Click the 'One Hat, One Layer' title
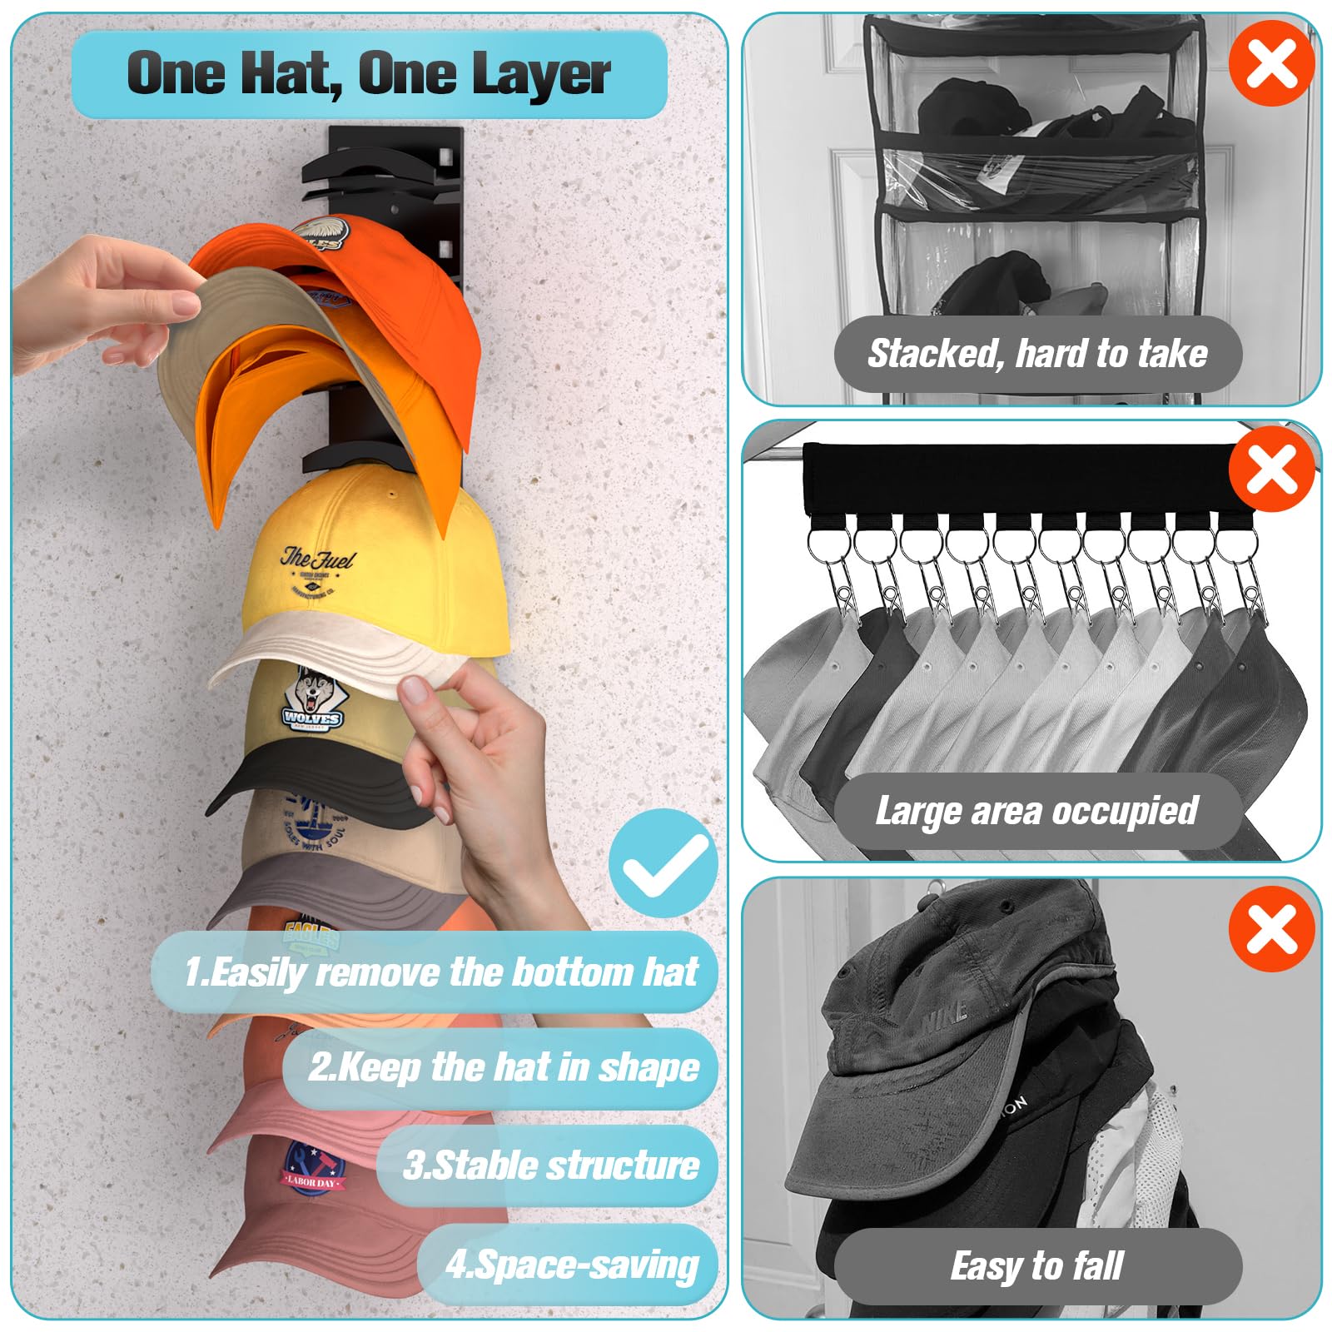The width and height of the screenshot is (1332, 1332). click(369, 73)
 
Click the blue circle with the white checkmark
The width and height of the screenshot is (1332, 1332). click(663, 862)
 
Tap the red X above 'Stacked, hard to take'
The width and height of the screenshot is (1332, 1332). click(1271, 63)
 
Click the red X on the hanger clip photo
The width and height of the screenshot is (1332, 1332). click(1271, 469)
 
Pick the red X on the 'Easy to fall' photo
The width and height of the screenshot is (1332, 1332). click(1271, 928)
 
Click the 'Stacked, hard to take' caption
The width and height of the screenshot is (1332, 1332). click(1037, 354)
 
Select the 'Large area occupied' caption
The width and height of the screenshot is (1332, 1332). click(1036, 811)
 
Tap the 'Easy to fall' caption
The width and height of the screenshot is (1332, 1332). click(1037, 1266)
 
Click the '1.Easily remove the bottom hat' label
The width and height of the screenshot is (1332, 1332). click(440, 972)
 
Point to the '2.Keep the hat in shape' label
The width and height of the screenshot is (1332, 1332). click(503, 1067)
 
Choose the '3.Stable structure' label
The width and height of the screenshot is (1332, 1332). click(549, 1165)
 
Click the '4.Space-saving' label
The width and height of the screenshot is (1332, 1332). click(571, 1264)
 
